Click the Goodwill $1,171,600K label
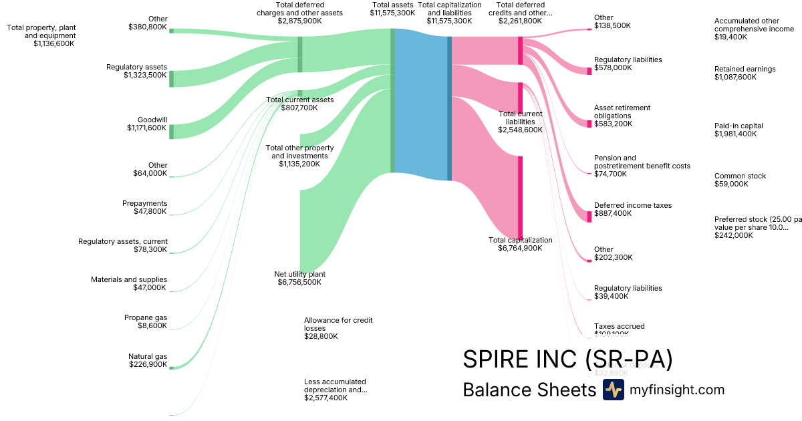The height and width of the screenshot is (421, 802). (147, 124)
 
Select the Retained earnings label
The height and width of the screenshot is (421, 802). (745, 73)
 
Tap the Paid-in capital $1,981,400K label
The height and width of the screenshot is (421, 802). (739, 130)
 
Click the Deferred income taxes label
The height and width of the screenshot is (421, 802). (632, 209)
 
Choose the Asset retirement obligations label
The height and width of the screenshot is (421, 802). (622, 116)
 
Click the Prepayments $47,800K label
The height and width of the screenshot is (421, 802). (144, 207)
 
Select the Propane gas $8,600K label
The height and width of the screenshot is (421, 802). (146, 321)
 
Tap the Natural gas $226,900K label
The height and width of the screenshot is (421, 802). (148, 360)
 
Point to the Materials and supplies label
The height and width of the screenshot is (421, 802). (129, 283)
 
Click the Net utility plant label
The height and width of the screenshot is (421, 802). (299, 278)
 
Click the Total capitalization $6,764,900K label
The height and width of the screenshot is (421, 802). (520, 244)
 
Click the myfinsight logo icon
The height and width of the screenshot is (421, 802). (613, 390)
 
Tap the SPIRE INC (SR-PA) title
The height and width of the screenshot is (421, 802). (567, 359)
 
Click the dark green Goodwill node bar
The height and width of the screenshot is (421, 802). (171, 131)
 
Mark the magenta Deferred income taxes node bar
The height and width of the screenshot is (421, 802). (589, 216)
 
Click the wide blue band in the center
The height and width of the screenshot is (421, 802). (421, 107)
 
